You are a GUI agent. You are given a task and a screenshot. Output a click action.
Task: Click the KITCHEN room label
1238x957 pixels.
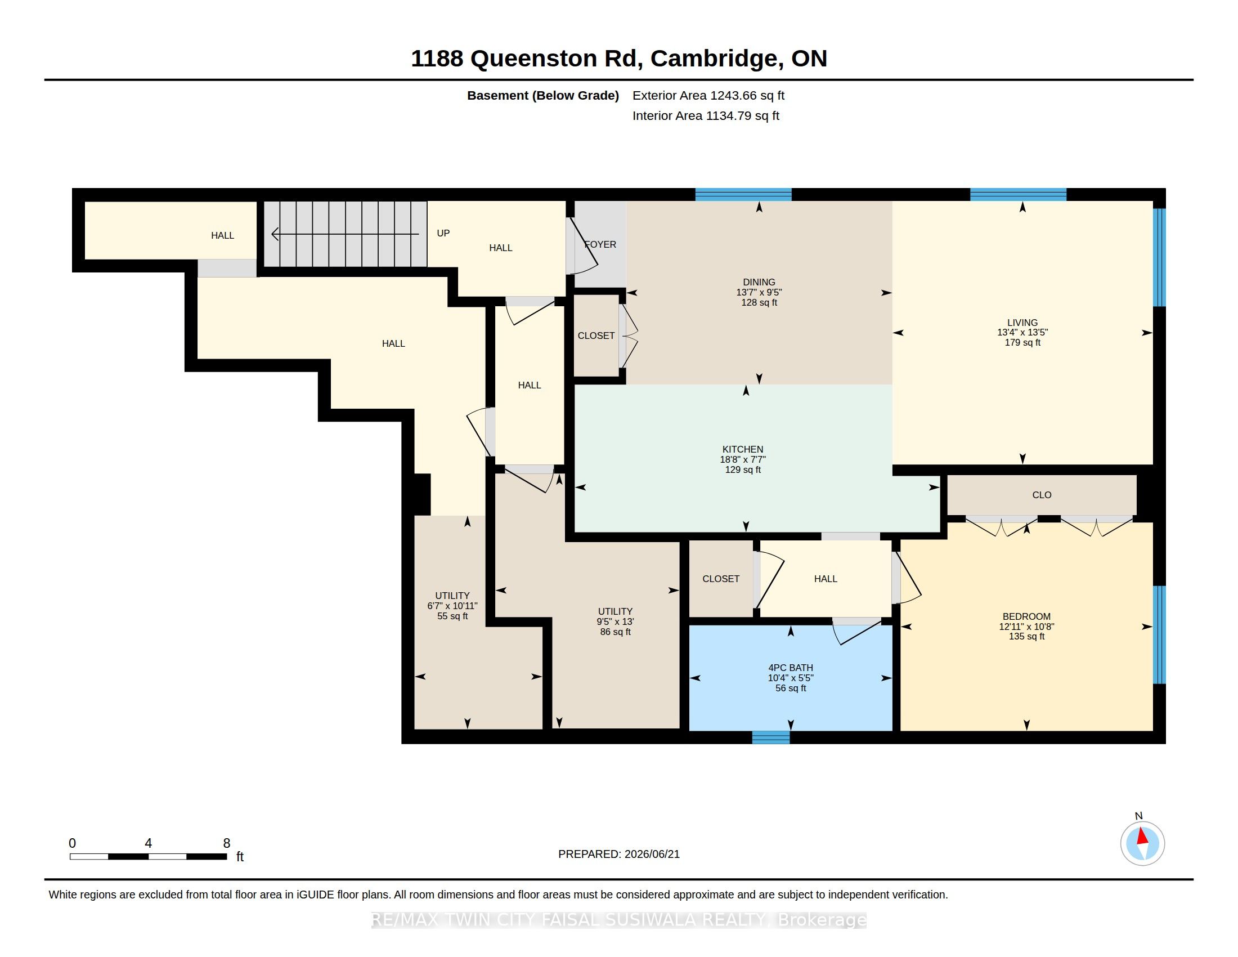[743, 449]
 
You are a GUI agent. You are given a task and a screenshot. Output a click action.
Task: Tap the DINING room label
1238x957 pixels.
[759, 282]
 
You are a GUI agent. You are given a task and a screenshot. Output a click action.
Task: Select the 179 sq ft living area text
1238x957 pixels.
[1022, 342]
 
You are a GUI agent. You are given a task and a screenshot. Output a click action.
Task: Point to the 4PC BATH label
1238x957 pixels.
[791, 668]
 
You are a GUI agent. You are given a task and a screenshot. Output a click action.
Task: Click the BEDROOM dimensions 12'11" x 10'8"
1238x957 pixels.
[1026, 627]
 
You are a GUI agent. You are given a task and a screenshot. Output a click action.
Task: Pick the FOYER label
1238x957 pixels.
[600, 244]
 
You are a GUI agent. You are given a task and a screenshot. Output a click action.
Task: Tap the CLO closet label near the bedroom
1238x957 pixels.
[1042, 495]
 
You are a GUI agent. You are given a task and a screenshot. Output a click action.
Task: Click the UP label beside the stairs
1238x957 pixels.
[443, 233]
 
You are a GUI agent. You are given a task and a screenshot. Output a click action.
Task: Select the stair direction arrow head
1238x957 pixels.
[275, 234]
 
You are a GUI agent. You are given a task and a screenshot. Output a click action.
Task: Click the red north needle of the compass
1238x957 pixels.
[1142, 836]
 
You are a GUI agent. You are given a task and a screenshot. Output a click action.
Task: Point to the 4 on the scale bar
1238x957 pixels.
[149, 843]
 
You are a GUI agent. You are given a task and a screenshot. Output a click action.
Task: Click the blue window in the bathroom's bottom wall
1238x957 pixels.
[771, 737]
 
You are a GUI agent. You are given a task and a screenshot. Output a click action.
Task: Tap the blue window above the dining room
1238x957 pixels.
[743, 194]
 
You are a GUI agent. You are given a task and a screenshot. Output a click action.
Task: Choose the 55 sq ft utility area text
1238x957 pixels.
[452, 616]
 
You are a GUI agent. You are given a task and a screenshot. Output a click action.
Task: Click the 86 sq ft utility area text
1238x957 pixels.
[616, 632]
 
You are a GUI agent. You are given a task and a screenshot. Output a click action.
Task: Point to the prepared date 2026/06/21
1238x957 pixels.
[652, 854]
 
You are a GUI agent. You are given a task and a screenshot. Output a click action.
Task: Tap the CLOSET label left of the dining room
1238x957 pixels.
[596, 336]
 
